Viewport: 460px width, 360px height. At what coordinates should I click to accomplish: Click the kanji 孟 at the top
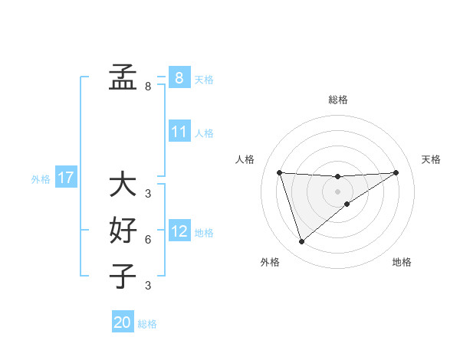pos(123,77)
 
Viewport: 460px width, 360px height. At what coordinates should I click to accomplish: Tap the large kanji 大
pos(123,185)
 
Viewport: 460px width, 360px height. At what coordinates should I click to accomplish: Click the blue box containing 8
pos(179,77)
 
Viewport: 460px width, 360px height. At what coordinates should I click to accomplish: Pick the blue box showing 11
pos(179,132)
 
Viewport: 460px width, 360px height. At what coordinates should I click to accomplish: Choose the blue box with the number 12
pos(179,231)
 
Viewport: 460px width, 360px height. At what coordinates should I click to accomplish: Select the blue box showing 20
pos(123,322)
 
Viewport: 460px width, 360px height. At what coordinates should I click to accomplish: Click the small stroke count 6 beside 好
pos(148,240)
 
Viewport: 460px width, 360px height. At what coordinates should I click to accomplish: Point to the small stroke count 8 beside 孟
pos(148,87)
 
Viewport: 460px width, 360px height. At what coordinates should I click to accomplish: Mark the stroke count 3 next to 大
pos(148,194)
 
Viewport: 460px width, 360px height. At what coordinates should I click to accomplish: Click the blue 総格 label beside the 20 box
pos(147,324)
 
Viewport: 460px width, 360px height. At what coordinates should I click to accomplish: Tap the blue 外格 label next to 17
pos(41,179)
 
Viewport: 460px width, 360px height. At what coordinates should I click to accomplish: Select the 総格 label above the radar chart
pos(337,100)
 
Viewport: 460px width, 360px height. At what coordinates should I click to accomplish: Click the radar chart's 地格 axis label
pos(402,262)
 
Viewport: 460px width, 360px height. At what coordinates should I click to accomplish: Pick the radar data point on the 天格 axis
pos(396,172)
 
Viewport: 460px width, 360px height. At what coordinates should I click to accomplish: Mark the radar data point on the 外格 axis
pos(301,242)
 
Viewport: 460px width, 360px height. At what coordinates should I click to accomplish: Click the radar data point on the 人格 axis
pos(279,172)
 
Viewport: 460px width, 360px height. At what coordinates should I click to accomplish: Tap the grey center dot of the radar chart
pos(337,191)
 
